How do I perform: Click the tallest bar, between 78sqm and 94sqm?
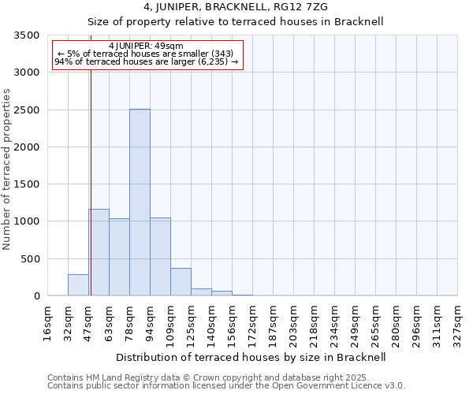[x=140, y=203]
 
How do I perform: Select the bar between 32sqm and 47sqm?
[x=78, y=285]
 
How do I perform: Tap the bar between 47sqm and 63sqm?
[x=99, y=252]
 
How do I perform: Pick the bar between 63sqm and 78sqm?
[x=119, y=257]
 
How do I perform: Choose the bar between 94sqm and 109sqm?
[x=160, y=257]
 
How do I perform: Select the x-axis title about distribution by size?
[x=250, y=357]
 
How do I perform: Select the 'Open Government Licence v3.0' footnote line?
[x=226, y=385]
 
